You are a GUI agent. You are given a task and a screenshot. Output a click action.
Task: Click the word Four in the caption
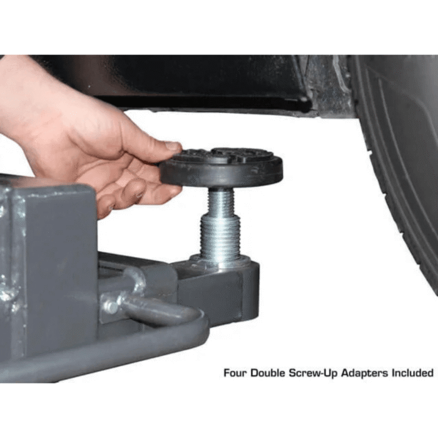235,373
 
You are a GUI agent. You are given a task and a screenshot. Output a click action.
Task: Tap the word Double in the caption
267,373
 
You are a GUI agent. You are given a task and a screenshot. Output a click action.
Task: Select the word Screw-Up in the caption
313,373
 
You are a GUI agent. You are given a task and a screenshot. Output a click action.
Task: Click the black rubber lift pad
222,168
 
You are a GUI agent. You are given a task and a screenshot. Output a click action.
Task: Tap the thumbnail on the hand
173,146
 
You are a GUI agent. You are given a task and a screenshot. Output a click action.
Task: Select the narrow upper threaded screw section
222,201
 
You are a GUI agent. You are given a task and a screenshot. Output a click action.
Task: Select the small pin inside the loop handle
112,305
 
